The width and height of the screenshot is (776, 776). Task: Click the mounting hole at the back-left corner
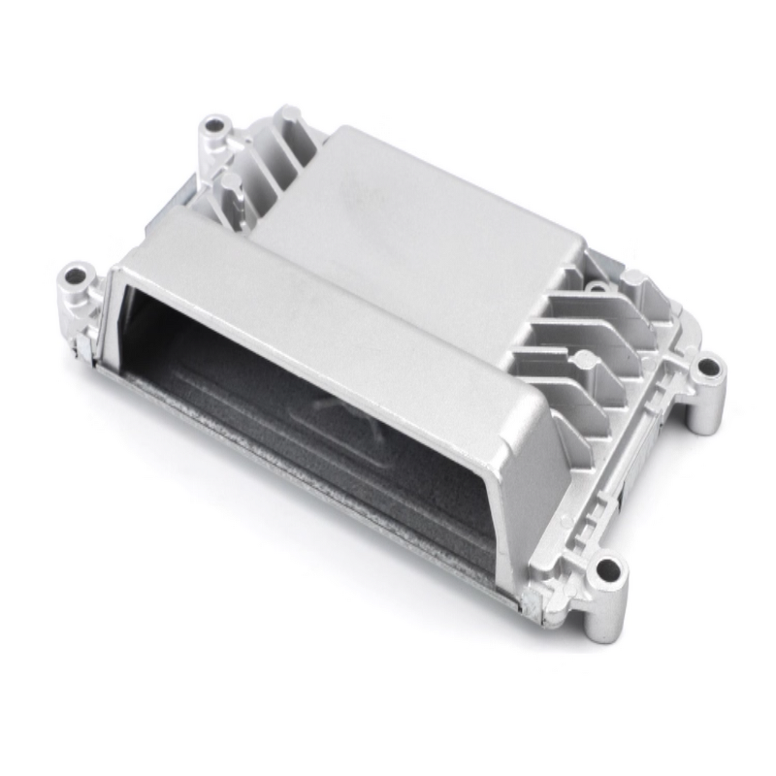click(213, 126)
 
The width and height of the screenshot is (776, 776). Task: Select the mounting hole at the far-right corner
click(710, 368)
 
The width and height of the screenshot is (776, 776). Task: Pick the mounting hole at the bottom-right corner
click(608, 568)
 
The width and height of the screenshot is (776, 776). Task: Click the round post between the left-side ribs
click(231, 181)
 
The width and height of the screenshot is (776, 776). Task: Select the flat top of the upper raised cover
click(407, 213)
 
